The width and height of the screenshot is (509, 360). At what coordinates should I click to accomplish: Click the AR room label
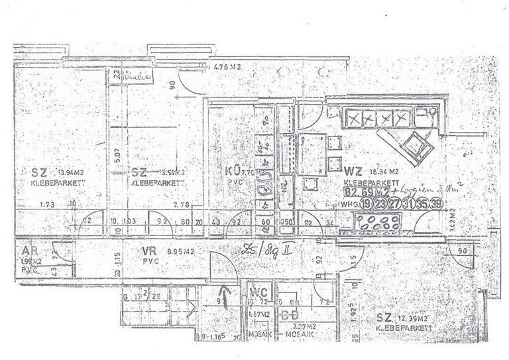28,252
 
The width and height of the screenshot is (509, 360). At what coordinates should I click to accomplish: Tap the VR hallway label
149,251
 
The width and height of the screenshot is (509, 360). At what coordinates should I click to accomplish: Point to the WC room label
258,292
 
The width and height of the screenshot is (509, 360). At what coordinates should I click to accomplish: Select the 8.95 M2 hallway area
178,251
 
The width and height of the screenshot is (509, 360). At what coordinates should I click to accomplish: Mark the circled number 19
366,203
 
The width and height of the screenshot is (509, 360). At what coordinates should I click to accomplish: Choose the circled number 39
436,203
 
